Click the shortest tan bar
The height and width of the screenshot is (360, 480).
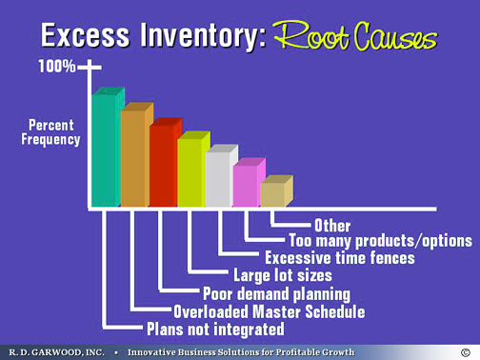tap(272, 193)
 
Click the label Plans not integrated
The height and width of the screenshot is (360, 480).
tap(214, 330)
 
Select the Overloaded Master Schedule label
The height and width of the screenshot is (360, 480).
tap(255, 311)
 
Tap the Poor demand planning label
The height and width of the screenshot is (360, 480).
tap(276, 293)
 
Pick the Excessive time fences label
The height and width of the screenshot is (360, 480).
tap(340, 258)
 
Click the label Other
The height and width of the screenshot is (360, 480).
tap(331, 227)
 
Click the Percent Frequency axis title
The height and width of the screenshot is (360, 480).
tap(51, 132)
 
